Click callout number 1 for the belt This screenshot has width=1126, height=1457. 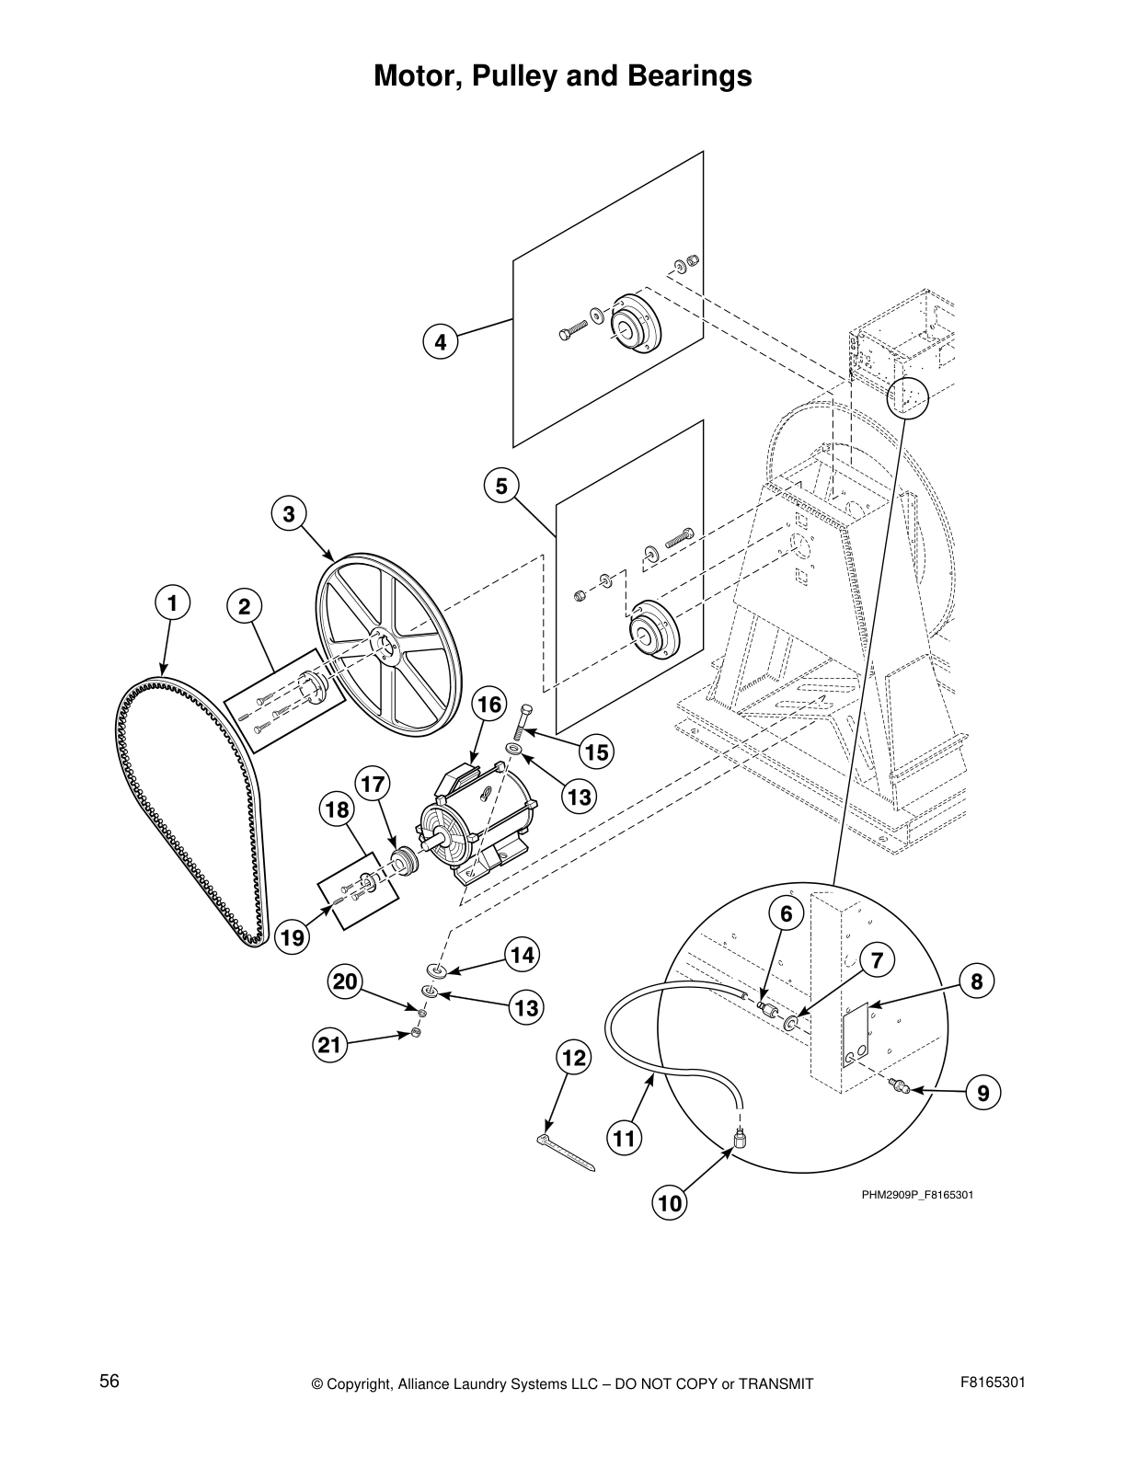pyautogui.click(x=170, y=603)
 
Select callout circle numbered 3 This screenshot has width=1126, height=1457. pyautogui.click(x=289, y=514)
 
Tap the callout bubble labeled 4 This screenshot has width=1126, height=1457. pyautogui.click(x=441, y=342)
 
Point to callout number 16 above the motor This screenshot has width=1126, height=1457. pyautogui.click(x=489, y=705)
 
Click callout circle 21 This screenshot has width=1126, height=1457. pyautogui.click(x=329, y=1045)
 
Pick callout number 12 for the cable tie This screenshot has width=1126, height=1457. pyautogui.click(x=573, y=1058)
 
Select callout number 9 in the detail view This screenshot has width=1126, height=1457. pyautogui.click(x=983, y=1093)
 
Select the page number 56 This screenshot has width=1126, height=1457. pyautogui.click(x=109, y=1382)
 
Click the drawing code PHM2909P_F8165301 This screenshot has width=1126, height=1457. pyautogui.click(x=917, y=1195)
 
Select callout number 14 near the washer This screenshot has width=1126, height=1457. pyautogui.click(x=523, y=956)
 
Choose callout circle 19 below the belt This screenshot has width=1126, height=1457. pyautogui.click(x=293, y=938)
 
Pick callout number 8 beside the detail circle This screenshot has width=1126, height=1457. pyautogui.click(x=977, y=981)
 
